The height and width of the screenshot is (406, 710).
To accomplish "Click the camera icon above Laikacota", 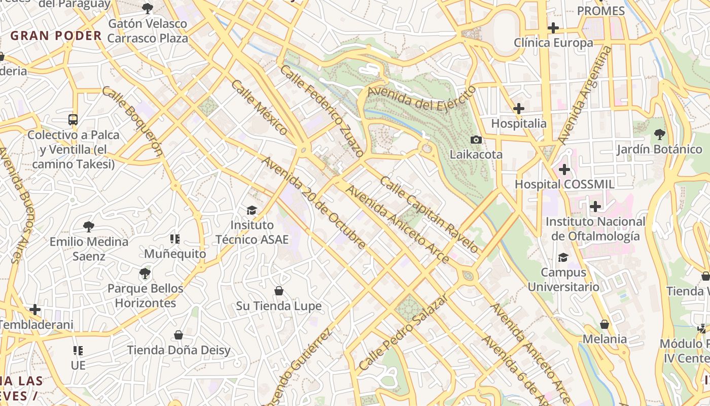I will click(x=476, y=140).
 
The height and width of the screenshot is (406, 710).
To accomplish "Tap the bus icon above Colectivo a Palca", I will click(x=73, y=120).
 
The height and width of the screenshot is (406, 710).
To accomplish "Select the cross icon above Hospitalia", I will click(x=518, y=109).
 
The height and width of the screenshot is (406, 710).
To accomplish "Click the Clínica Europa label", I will click(x=553, y=43).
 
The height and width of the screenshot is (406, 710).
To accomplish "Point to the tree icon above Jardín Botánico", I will click(x=659, y=134).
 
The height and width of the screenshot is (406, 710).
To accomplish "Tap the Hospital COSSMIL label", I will click(x=564, y=184).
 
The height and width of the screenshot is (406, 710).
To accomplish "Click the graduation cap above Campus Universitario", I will click(x=563, y=257).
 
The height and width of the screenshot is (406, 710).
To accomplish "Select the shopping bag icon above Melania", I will click(x=605, y=324).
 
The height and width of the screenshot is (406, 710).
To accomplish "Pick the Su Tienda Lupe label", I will click(x=279, y=306).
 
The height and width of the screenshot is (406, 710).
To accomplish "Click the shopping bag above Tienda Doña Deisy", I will click(x=179, y=335).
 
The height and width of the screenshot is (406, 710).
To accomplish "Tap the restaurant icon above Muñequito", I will click(x=175, y=239).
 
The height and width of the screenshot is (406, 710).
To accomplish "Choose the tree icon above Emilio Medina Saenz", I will click(x=89, y=226).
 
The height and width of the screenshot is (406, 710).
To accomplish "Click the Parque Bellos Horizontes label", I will click(x=145, y=295).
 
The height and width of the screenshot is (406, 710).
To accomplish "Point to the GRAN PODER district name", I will click(x=56, y=36).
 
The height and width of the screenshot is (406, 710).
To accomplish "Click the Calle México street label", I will click(x=259, y=107).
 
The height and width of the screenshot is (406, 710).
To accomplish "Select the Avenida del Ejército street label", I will click(x=422, y=98).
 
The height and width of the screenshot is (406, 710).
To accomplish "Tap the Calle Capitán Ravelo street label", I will click(x=430, y=215).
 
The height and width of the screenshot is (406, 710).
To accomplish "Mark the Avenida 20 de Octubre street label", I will click(x=314, y=203).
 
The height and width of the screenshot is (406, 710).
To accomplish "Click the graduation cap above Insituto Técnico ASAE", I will click(x=252, y=210).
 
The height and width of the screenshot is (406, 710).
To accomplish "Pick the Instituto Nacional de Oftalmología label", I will click(x=595, y=229).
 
